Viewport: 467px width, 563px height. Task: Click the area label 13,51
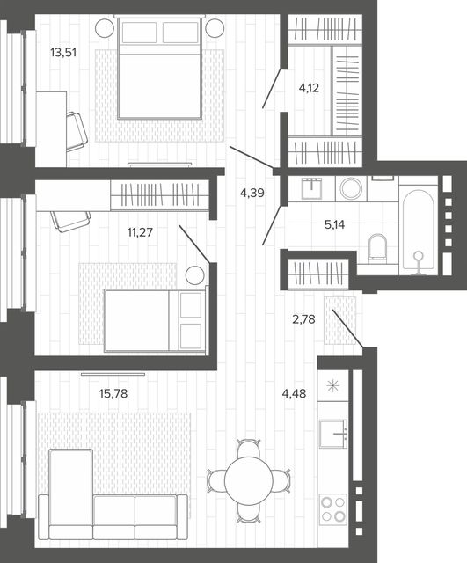point(63,53)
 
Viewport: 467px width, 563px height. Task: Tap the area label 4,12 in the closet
point(309,88)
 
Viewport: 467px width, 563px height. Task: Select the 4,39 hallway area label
point(252,194)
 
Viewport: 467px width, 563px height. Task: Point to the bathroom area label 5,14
point(334,225)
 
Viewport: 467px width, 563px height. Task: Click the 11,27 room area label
point(140,232)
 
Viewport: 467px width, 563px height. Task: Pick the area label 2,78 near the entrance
point(303,318)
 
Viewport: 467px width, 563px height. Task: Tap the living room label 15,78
point(113,393)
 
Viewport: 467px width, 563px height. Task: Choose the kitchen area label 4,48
point(294,393)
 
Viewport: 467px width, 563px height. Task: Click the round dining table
point(249,481)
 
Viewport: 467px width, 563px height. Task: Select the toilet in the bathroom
point(377,247)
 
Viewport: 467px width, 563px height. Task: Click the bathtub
point(419,229)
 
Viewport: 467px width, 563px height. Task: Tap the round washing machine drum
point(351,188)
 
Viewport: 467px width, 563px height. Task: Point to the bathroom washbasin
point(313,187)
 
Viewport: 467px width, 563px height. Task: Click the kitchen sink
point(333,434)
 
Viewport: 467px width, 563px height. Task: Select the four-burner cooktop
point(333,509)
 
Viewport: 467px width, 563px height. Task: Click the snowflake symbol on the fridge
point(332,386)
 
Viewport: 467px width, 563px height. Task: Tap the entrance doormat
point(340,320)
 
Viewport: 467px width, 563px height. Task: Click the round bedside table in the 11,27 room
point(195,275)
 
